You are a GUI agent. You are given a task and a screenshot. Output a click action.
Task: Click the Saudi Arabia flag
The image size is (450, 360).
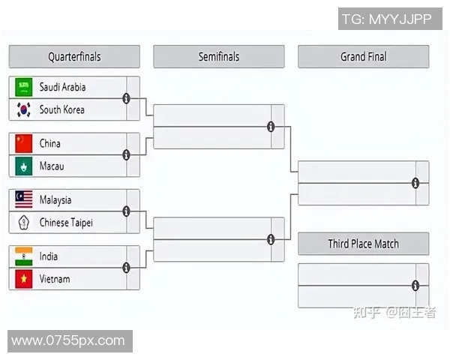click(x=24, y=87)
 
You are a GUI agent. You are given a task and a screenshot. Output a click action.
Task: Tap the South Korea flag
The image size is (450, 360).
click(x=24, y=109)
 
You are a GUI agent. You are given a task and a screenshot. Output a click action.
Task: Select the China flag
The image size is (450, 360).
click(x=24, y=143)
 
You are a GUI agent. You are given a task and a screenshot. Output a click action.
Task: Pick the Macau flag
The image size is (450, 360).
click(x=24, y=166)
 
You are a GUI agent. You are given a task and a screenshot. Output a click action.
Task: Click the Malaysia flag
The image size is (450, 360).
click(x=24, y=200)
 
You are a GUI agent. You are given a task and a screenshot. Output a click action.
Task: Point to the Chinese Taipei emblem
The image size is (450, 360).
click(x=24, y=223)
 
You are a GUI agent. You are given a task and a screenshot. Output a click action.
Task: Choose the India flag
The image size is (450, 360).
click(x=24, y=256)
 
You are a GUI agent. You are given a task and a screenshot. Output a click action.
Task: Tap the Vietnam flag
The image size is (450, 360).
click(x=24, y=279)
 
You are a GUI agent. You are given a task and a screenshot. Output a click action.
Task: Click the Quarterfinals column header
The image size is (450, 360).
click(x=74, y=57)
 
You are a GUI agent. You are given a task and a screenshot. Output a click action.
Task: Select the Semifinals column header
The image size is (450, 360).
click(x=219, y=57)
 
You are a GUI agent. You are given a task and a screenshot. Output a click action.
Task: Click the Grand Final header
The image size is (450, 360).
click(x=364, y=57)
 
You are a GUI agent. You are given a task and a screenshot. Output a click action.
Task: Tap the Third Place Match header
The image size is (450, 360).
click(x=364, y=244)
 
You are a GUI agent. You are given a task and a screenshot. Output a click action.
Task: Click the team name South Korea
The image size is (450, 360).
click(x=62, y=109)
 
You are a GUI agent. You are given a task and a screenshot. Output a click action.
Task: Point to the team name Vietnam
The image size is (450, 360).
click(x=55, y=279)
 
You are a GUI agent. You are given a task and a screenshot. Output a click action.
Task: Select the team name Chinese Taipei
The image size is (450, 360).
click(x=67, y=223)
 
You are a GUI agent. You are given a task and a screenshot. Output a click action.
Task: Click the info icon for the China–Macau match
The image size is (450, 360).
click(x=126, y=154)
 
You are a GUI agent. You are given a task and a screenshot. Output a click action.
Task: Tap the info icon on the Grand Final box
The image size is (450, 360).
click(x=415, y=183)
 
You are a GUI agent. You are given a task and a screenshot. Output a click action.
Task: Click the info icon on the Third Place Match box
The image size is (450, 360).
click(x=415, y=285)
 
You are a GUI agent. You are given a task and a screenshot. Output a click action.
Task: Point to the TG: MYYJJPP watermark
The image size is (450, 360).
click(x=387, y=19)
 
